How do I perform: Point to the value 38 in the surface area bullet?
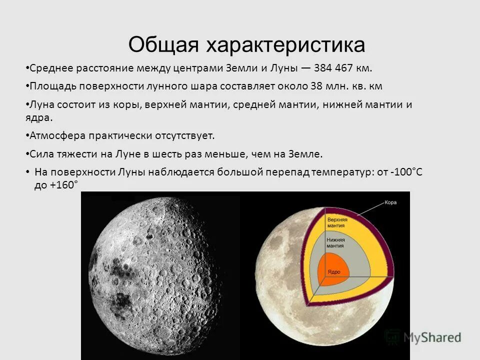tap(316, 86)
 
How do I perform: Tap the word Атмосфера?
tap(56, 135)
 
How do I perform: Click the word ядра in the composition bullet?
tap(40, 118)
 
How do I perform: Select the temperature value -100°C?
tap(407, 172)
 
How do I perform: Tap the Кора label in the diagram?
tap(390, 203)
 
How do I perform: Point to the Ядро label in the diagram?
tap(334, 271)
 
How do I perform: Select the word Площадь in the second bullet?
tap(50, 86)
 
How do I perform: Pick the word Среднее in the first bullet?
tap(50, 68)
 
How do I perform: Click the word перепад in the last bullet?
tap(287, 172)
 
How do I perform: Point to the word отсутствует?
tap(181, 135)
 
